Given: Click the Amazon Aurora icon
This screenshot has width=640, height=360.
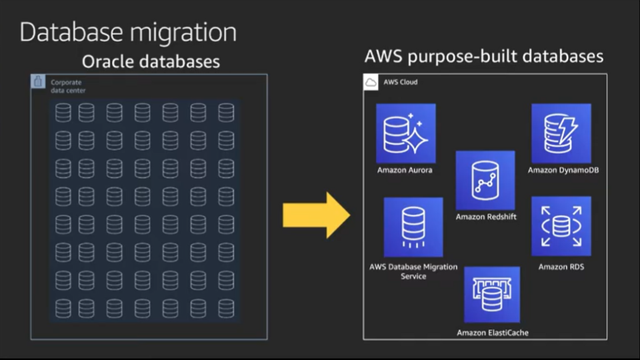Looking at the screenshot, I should tap(405, 133).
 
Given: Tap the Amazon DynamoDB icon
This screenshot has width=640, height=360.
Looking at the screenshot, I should tap(561, 133).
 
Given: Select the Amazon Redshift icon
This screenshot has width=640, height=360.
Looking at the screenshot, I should tap(485, 180).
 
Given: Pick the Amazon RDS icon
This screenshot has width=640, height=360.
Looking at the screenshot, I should tap(561, 226).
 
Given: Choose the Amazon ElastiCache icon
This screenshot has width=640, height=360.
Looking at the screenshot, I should tap(492, 295).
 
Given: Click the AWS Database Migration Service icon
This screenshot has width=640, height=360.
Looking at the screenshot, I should tap(413, 227).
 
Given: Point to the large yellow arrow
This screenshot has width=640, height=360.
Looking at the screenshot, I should tap(316, 215).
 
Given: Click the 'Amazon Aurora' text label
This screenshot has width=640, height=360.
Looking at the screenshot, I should tap(405, 170).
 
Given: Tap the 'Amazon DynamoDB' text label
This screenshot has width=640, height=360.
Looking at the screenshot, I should tap(563, 170).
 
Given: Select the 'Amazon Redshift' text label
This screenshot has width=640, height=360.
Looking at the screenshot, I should tap(486, 217).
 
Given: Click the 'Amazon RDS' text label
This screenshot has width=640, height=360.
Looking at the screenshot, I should tap(561, 267).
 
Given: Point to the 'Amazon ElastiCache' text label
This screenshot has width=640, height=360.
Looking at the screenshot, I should tap(493, 332).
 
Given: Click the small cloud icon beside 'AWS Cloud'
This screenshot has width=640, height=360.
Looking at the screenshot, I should tap(371, 83).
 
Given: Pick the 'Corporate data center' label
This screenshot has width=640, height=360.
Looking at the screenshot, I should tap(68, 86).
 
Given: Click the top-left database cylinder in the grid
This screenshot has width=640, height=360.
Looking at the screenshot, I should tap(63, 112).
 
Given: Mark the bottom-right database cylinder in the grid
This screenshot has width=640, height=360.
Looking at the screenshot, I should tap(226, 308).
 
